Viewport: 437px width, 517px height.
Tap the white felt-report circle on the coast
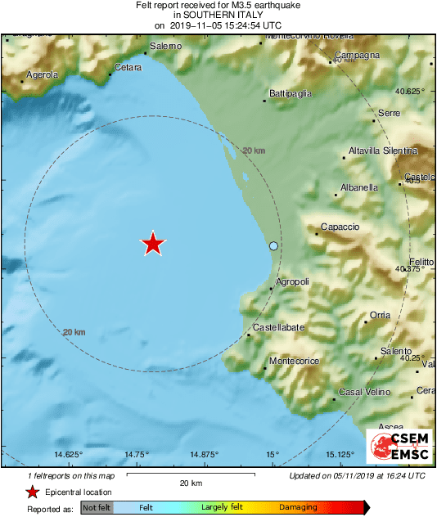tap(274, 246)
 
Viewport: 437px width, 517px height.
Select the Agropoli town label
tap(293, 281)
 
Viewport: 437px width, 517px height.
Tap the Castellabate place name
tap(278, 327)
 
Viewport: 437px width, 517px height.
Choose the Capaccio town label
tap(340, 227)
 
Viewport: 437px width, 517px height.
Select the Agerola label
tap(43, 74)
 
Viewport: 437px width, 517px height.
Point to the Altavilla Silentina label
tap(382, 151)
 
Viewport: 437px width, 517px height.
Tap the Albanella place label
tap(360, 187)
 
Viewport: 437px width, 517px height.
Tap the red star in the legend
tap(32, 492)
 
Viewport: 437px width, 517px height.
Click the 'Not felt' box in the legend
tap(97, 508)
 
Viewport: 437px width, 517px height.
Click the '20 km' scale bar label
tap(191, 483)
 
